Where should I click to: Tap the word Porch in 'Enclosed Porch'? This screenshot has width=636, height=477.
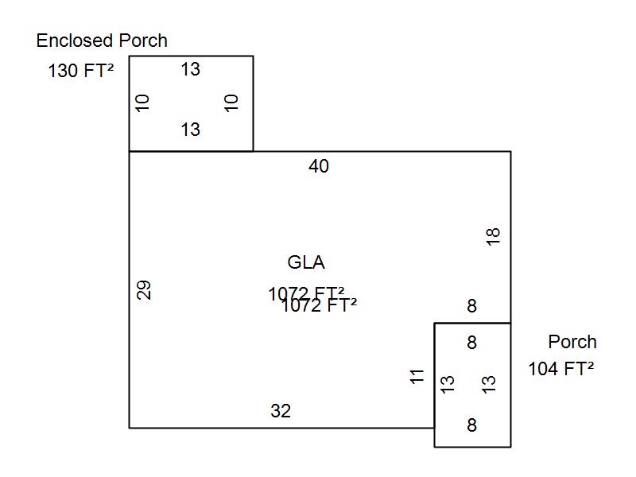pos(143,41)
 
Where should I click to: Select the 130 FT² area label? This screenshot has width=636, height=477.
pos(80,71)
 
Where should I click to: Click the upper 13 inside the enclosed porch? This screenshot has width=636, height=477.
pos(190,69)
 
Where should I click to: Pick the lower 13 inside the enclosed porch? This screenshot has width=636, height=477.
pos(190,130)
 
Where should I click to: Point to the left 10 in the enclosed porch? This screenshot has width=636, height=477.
pos(143,103)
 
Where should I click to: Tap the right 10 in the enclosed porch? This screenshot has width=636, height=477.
pos(231,103)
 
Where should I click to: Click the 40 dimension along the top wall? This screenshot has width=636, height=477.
pos(319,166)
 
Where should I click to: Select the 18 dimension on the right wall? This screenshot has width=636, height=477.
pos(493,236)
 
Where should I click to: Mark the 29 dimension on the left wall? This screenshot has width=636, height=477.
pos(144,289)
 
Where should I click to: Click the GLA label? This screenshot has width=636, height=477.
pos(306,262)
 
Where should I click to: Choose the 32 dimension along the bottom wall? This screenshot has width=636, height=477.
pos(281,411)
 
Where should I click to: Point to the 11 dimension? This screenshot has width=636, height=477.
pos(418,376)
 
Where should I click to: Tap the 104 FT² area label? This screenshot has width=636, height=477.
pos(561,369)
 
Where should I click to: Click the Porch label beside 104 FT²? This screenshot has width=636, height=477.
pos(572,342)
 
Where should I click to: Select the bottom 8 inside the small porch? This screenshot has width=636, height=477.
pos(471,425)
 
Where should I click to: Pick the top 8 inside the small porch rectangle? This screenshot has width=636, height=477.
pos(471,343)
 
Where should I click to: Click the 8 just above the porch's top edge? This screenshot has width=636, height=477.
pos(471,306)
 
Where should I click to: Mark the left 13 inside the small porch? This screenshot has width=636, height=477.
pos(448,383)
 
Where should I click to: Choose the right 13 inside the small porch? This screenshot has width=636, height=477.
pos(490,383)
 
